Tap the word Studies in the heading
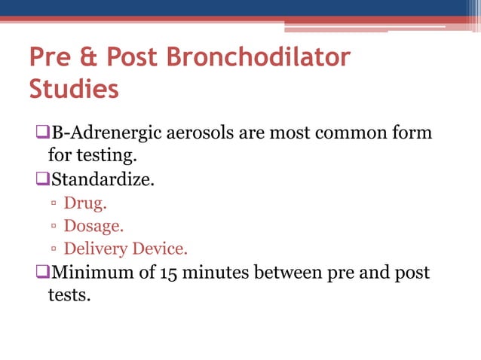73,89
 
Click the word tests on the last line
69,294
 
